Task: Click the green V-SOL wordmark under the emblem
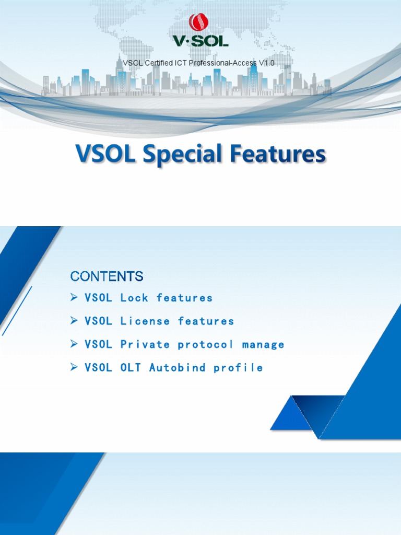point(200,40)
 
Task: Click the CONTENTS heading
point(107,276)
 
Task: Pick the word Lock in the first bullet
point(134,298)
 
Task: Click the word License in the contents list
point(145,321)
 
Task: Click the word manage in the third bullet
point(263,344)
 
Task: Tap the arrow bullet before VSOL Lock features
point(74,297)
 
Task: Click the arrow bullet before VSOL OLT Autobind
point(74,367)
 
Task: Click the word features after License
point(206,321)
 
